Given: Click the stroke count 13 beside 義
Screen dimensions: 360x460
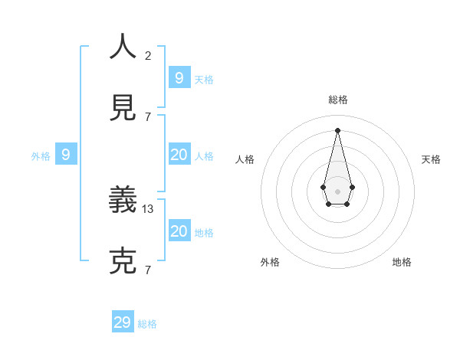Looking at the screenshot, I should point(148,208).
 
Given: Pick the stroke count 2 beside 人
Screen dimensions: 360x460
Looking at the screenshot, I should point(148,55).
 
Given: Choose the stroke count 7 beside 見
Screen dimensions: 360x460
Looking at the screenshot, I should point(148,116).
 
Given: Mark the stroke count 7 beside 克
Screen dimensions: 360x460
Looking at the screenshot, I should point(148,270).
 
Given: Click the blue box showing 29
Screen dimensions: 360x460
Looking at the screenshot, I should point(123,322).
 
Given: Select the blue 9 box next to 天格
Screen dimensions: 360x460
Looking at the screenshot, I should point(179,77).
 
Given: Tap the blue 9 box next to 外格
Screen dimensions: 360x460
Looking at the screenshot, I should point(66,155).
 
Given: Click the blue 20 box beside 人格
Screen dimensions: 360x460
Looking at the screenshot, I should point(179,155).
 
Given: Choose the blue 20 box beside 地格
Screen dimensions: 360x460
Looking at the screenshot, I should point(179,231).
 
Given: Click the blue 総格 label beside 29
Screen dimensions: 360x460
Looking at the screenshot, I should point(147,324).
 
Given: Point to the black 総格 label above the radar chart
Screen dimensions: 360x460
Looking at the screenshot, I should point(337,100).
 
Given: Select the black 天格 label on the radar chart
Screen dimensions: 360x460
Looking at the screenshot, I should point(431,159).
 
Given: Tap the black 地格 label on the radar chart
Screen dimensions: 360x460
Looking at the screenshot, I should point(402,262).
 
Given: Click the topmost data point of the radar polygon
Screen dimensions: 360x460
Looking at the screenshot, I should point(337,129).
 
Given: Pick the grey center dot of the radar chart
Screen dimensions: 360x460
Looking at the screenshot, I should point(337,190).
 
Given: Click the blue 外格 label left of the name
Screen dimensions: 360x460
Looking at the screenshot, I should point(41,156).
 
